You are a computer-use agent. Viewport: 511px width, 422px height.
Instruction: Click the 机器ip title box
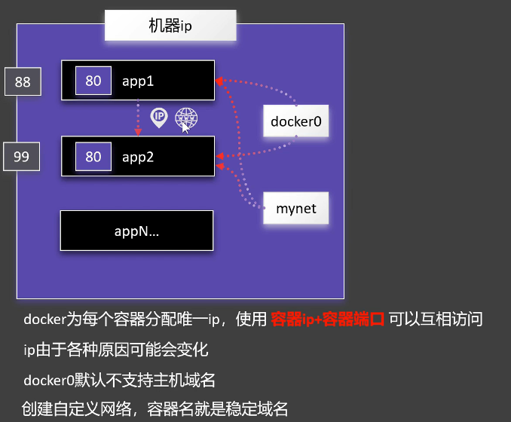[x=170, y=26]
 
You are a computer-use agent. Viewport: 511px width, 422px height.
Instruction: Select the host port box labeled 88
[x=23, y=81]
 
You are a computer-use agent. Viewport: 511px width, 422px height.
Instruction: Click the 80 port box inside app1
[x=93, y=81]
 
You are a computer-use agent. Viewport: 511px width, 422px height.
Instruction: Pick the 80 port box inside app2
[x=93, y=157]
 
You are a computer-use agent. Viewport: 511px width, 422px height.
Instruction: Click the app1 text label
[x=138, y=81]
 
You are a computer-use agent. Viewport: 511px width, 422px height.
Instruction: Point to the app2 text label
[x=138, y=157]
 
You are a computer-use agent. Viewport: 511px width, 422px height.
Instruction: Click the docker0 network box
[x=295, y=121]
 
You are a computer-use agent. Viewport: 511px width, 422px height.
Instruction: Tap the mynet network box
[x=295, y=207]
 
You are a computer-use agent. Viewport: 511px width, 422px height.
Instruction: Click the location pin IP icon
[x=158, y=117]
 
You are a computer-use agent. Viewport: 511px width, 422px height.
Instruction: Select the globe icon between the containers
[x=185, y=117]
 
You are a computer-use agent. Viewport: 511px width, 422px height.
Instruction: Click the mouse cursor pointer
[x=186, y=127]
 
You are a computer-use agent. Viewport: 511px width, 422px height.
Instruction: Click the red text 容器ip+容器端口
[x=328, y=319]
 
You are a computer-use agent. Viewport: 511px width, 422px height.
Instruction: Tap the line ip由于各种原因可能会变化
[x=115, y=350]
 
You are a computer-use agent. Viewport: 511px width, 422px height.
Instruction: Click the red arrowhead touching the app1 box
[x=219, y=81]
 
